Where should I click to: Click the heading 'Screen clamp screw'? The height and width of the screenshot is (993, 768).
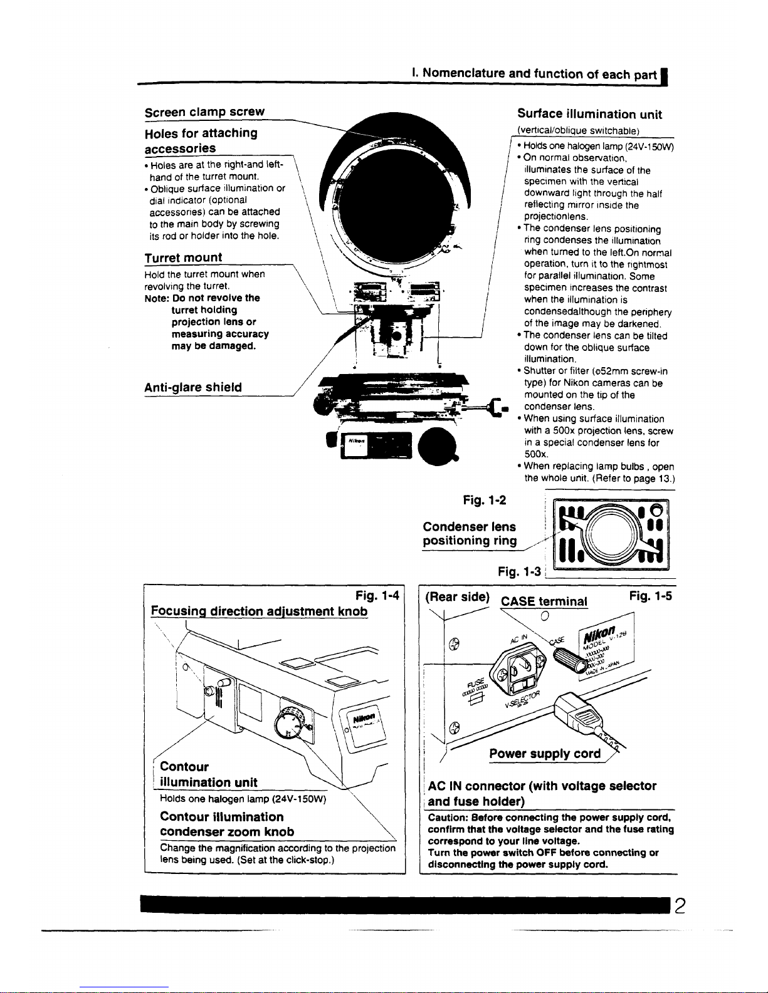click(204, 112)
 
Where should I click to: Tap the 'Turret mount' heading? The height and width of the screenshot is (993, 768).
click(183, 257)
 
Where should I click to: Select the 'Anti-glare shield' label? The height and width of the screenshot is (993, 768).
click(193, 387)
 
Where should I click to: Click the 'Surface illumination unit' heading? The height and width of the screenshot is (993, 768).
click(589, 114)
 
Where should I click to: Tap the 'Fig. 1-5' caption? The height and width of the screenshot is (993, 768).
click(651, 596)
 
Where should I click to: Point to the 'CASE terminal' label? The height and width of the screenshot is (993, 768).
click(544, 602)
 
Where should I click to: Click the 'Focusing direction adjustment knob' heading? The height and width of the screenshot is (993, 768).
click(260, 611)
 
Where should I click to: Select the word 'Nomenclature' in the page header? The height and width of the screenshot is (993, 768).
click(464, 73)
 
